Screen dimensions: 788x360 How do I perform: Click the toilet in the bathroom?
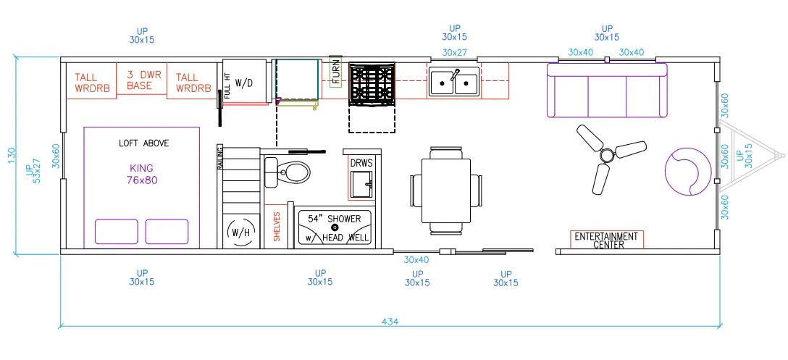287,172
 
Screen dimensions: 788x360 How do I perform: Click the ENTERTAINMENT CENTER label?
607,240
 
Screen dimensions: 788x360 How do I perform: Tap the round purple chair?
688,171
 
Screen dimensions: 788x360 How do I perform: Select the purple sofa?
607,90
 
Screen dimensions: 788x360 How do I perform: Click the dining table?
445,191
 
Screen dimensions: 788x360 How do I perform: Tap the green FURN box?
336,72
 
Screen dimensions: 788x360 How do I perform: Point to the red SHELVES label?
277,226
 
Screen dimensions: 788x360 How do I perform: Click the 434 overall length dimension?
390,322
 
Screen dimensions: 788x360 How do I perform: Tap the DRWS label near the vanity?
361,164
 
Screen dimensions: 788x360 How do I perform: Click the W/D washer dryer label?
244,83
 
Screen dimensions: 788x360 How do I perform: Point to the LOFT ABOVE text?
143,143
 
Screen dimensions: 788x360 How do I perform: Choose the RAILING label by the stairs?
220,157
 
